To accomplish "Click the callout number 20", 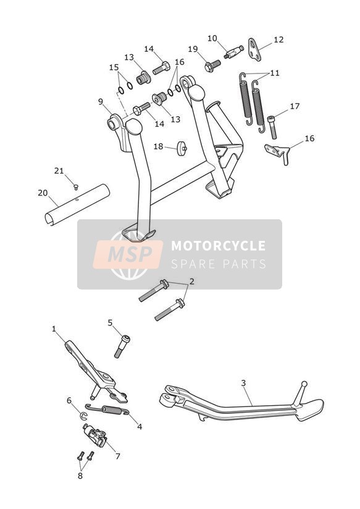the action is coord(43,193).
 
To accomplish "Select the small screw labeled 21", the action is coord(76,187).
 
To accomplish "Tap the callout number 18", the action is coord(158,146).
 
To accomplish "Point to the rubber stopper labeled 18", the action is coord(181,149).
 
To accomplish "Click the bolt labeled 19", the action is coord(212,65).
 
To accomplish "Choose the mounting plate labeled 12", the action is coord(255,49).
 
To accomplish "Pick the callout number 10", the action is coord(212,38).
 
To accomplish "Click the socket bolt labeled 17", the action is coord(272,127).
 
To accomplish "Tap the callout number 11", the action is coord(275,73).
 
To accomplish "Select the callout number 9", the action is coord(101,101).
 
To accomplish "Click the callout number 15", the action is coord(114,67).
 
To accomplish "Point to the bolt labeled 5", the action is coord(122,347).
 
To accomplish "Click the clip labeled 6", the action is coord(83,416).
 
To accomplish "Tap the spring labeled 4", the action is coord(107,410).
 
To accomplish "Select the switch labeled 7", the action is coord(94,435).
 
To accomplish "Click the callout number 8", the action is coord(80,476).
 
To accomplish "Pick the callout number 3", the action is coord(243,383).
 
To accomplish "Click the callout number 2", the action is coord(192,281).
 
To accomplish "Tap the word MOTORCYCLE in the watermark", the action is coord(218,246).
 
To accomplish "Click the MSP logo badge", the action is coord(128,254).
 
